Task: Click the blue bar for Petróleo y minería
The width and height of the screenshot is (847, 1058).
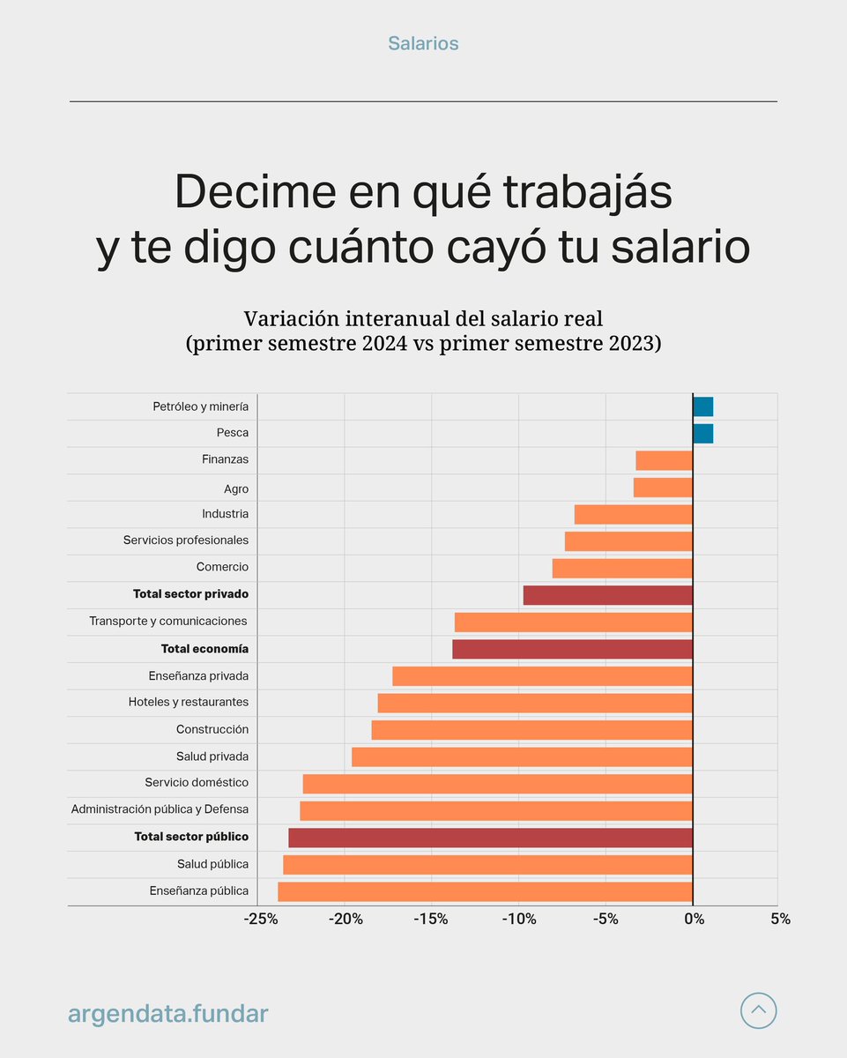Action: [x=702, y=406]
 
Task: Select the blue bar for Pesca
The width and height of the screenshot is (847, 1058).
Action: [x=702, y=434]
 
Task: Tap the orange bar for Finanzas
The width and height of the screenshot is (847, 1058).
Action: [x=664, y=460]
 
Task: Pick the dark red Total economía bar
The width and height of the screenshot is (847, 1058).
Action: [x=572, y=649]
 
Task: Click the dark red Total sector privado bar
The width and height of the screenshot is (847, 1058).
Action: [x=607, y=595]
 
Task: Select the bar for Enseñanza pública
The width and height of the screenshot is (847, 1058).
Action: [x=485, y=891]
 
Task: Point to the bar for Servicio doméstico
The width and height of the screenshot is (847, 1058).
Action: [x=497, y=784]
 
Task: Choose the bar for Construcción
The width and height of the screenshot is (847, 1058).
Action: [x=531, y=730]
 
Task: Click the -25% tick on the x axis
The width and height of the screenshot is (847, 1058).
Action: [x=260, y=920]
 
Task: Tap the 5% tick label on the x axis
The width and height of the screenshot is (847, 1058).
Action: [x=780, y=920]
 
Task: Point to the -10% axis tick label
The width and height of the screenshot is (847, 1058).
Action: [x=519, y=920]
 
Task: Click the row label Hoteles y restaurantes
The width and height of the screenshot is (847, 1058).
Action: [x=188, y=703]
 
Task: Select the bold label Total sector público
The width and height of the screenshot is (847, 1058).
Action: [x=191, y=837]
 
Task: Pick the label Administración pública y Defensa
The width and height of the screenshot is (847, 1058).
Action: [x=160, y=809]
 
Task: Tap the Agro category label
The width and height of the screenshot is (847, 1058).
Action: [x=236, y=488]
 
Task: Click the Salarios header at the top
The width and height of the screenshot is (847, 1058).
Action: [x=423, y=43]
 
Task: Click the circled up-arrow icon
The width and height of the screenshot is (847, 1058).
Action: [x=758, y=1010]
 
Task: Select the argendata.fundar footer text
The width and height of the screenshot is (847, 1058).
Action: [x=167, y=1014]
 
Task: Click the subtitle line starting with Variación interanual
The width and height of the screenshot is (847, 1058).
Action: [x=423, y=319]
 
